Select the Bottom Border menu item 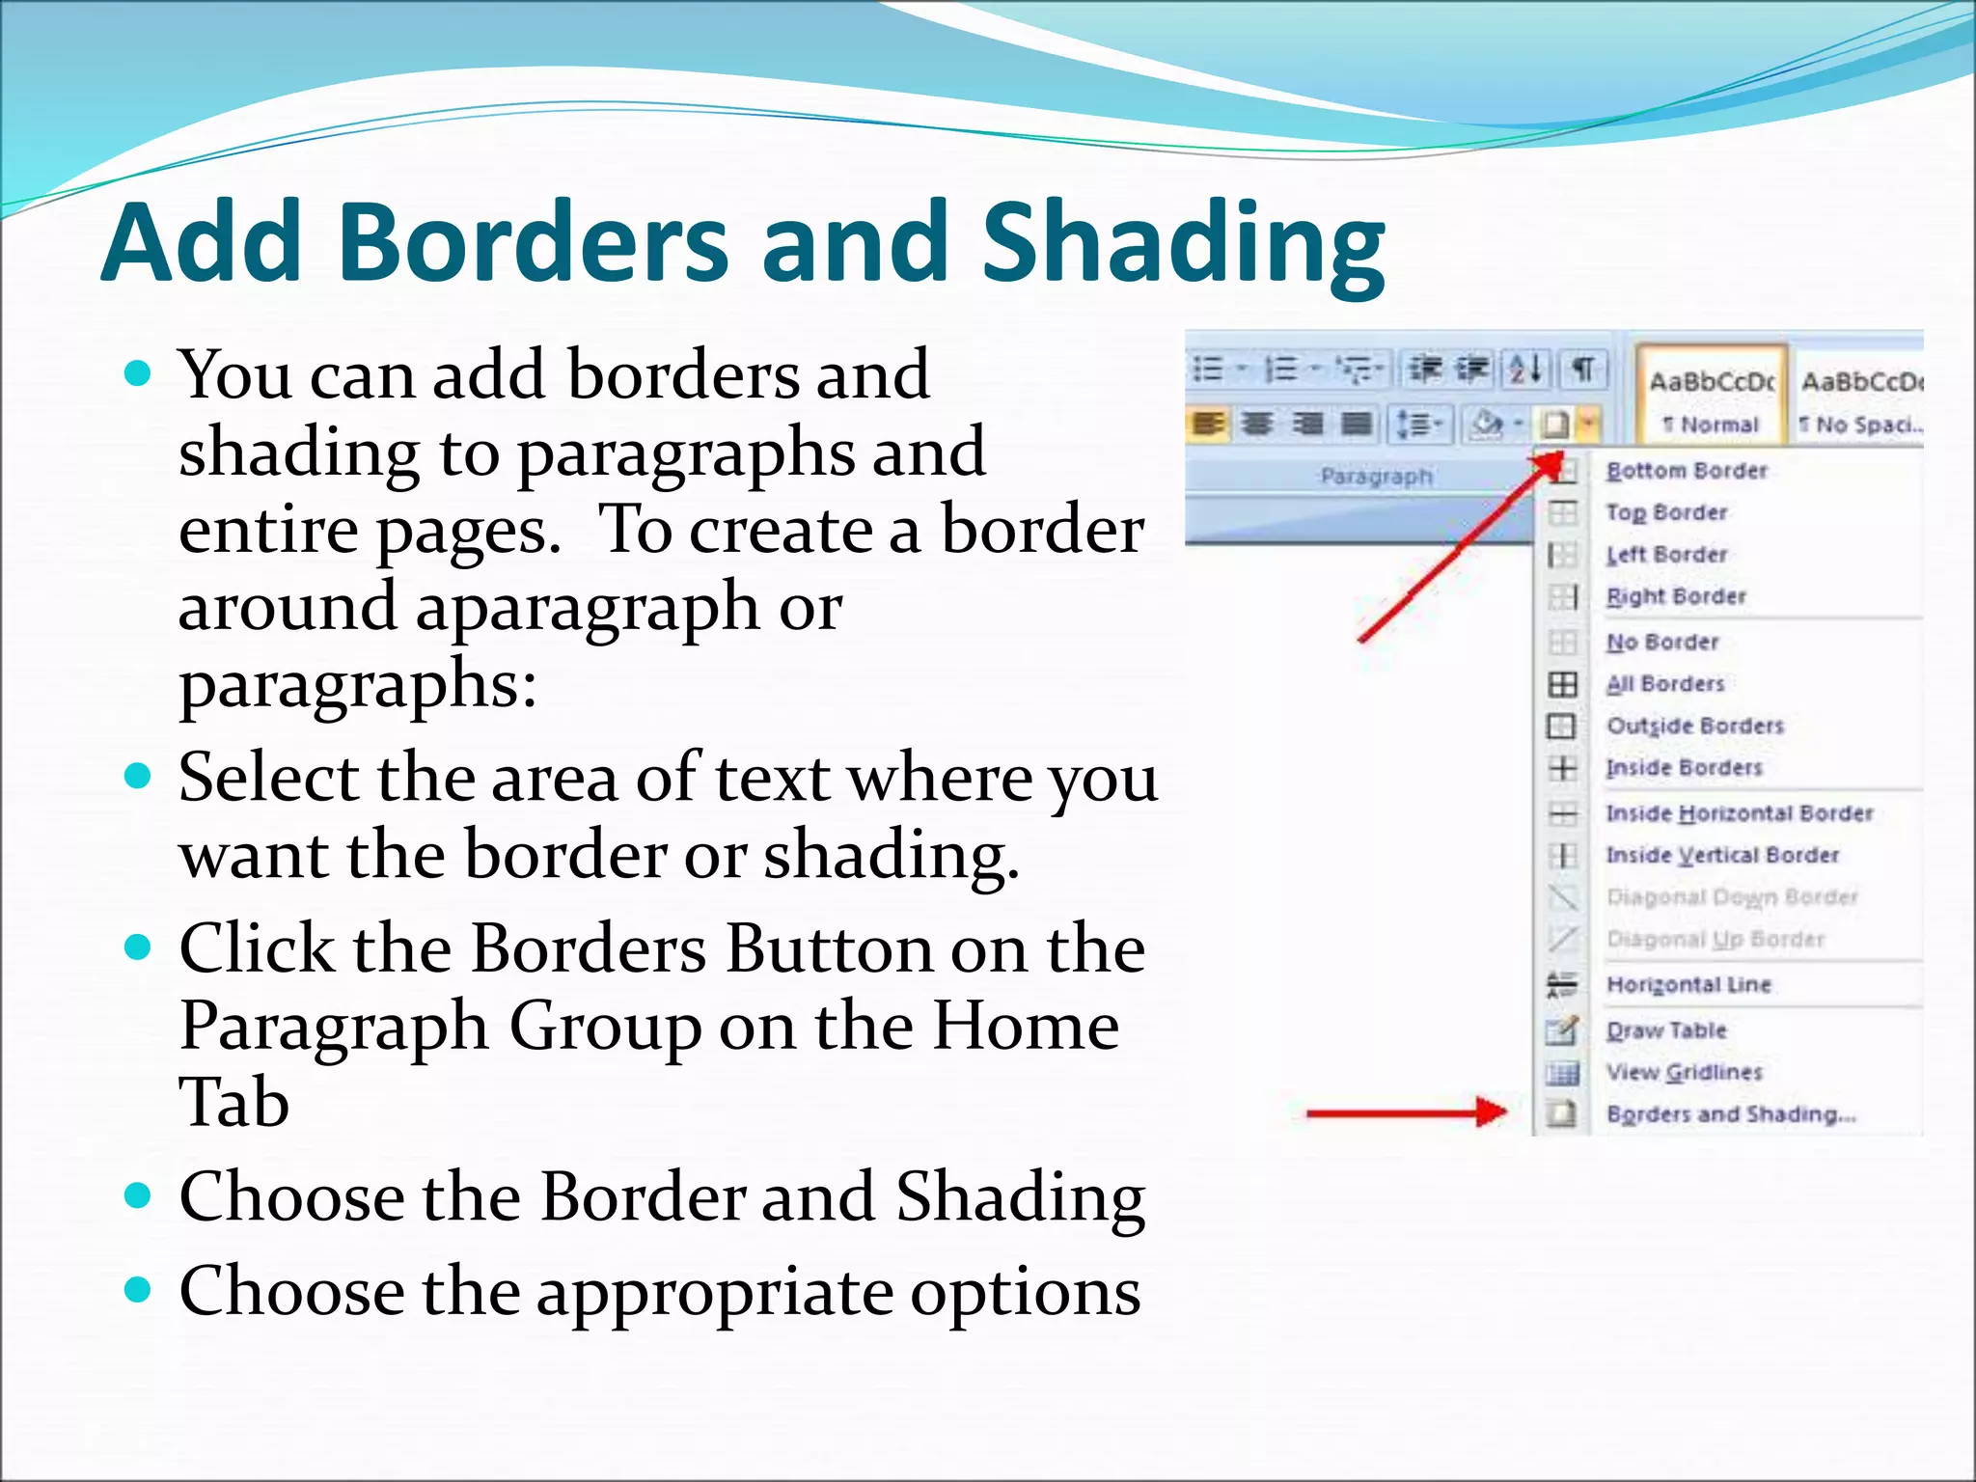pos(1687,471)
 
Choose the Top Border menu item pos(1666,512)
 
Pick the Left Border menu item pos(1666,555)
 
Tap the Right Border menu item pos(1676,597)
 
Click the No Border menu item pos(1662,643)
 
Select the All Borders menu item pos(1665,684)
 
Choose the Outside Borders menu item pos(1694,726)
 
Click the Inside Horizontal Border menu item pos(1739,813)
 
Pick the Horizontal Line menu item pos(1688,985)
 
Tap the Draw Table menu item pos(1666,1030)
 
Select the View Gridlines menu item pos(1684,1072)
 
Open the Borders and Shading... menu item pos(1731,1114)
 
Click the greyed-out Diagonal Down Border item pos(1731,897)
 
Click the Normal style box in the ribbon pos(1712,399)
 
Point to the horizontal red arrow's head pos(1494,1112)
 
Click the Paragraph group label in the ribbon pos(1376,477)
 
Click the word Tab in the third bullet pos(233,1102)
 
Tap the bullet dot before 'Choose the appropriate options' pos(139,1290)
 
